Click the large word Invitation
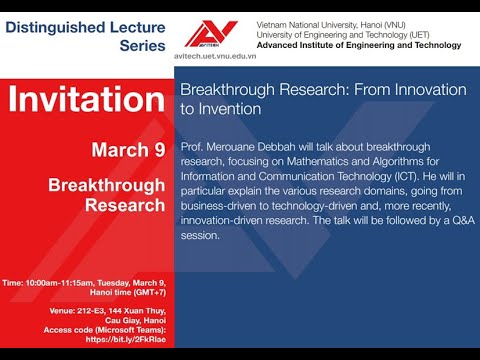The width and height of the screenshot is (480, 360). coord(85,101)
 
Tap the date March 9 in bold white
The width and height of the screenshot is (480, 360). coord(127,150)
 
